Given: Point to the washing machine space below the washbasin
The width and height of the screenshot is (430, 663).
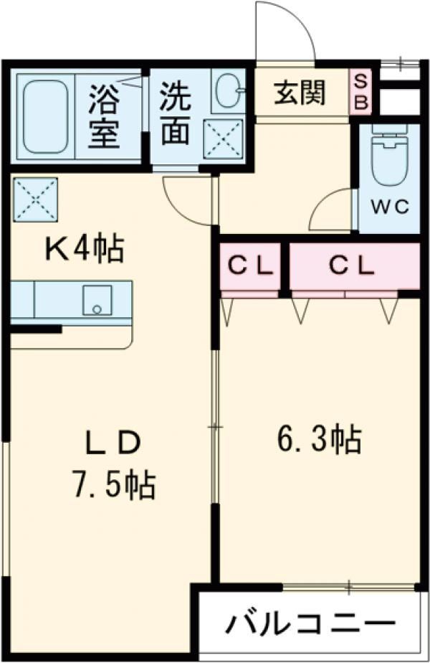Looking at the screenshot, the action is coord(224,139).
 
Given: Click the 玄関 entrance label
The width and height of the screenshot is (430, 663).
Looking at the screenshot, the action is coord(300,93).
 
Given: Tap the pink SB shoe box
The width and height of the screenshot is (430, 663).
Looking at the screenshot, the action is coord(360,91).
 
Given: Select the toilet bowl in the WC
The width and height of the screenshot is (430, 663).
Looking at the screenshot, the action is coord(389,155).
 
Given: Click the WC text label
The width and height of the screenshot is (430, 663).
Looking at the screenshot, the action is coord(390,207).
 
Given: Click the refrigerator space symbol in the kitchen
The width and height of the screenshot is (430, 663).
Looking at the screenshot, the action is coord(36,199).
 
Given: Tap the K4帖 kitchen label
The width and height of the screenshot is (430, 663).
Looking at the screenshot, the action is coord(85,250).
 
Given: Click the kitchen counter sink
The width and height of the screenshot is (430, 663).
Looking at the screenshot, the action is coord(97,300).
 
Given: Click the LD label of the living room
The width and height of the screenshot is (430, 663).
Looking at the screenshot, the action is coord(113,443).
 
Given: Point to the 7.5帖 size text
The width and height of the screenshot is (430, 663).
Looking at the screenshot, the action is coord(114,484).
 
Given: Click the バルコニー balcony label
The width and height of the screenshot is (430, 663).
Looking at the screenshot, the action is coord(310,623).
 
